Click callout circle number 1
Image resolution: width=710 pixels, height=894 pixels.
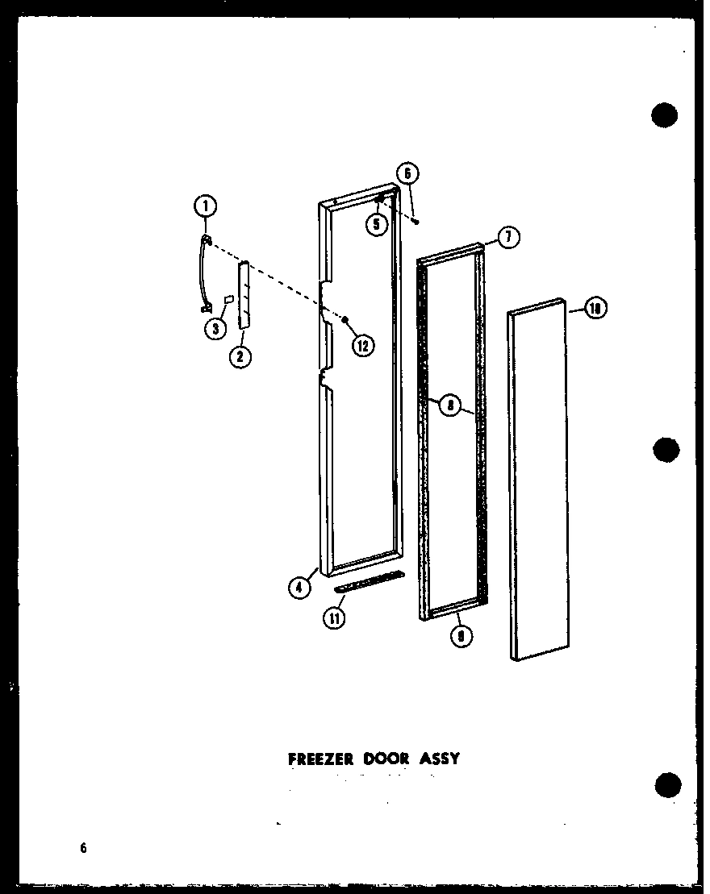click(x=205, y=207)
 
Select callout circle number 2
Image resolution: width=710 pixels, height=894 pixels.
click(x=239, y=356)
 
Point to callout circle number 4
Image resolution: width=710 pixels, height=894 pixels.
click(x=299, y=588)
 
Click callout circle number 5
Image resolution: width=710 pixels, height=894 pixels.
click(x=376, y=224)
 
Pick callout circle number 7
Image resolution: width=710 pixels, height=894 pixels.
click(x=509, y=238)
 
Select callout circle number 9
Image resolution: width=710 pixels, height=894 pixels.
click(x=462, y=635)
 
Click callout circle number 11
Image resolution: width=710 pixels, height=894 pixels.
click(x=334, y=619)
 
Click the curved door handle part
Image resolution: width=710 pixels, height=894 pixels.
click(x=201, y=274)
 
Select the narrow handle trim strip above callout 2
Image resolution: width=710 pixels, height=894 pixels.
click(x=244, y=294)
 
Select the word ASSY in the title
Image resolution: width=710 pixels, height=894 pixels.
click(x=439, y=759)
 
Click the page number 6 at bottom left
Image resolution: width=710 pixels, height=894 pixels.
click(x=83, y=847)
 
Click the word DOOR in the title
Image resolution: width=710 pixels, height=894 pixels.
click(x=386, y=759)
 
